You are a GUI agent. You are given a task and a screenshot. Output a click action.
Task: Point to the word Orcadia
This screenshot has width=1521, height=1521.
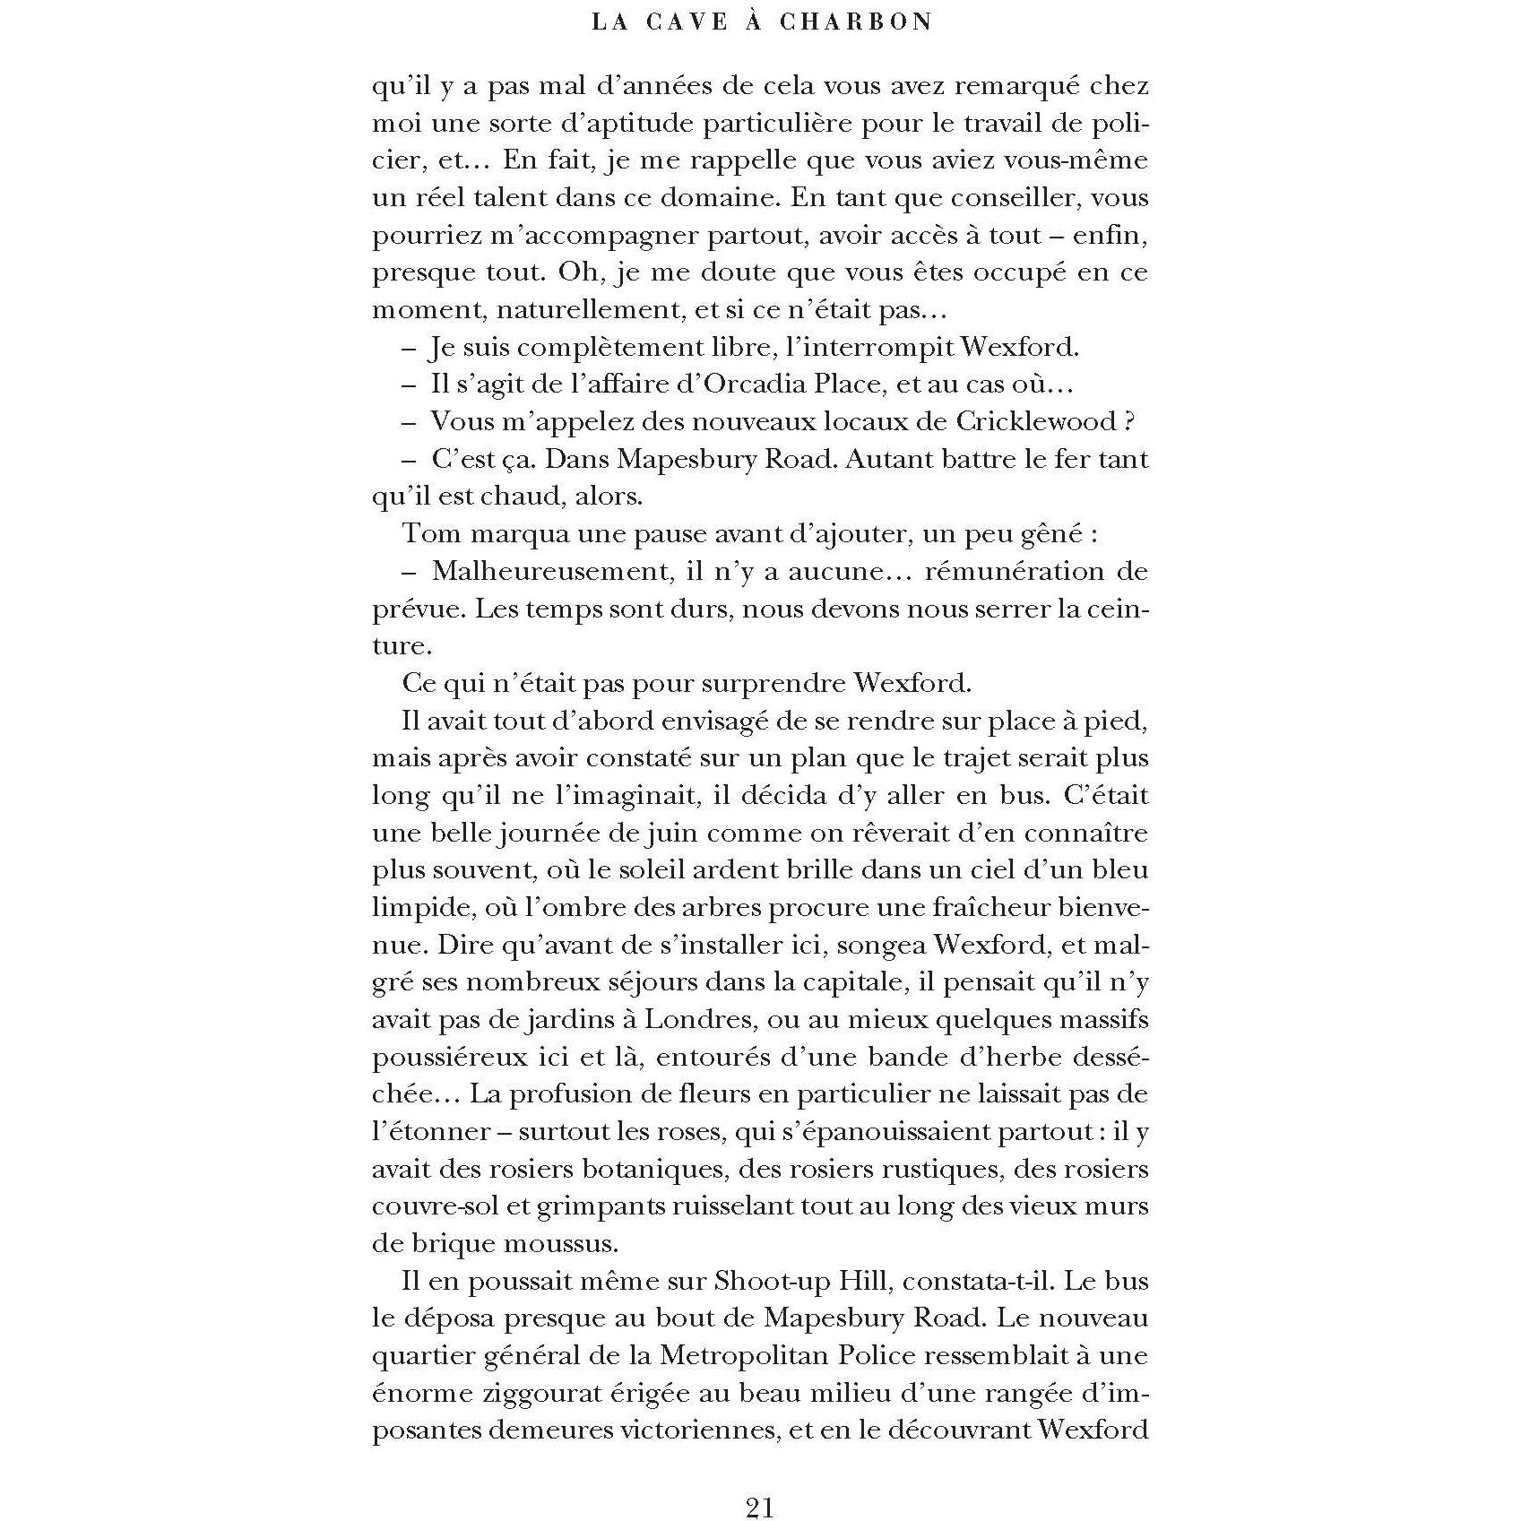755,384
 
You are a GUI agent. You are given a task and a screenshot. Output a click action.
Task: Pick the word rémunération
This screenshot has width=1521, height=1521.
1014,571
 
